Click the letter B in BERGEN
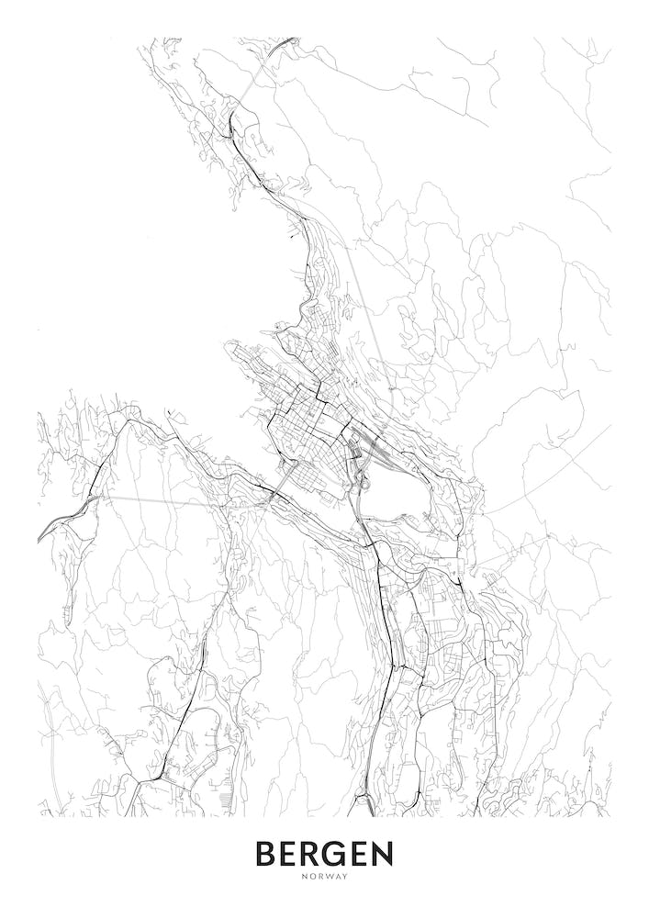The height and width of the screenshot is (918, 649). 267,854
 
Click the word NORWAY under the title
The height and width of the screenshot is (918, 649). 324,877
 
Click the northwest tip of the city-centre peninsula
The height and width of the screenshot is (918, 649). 229,348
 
